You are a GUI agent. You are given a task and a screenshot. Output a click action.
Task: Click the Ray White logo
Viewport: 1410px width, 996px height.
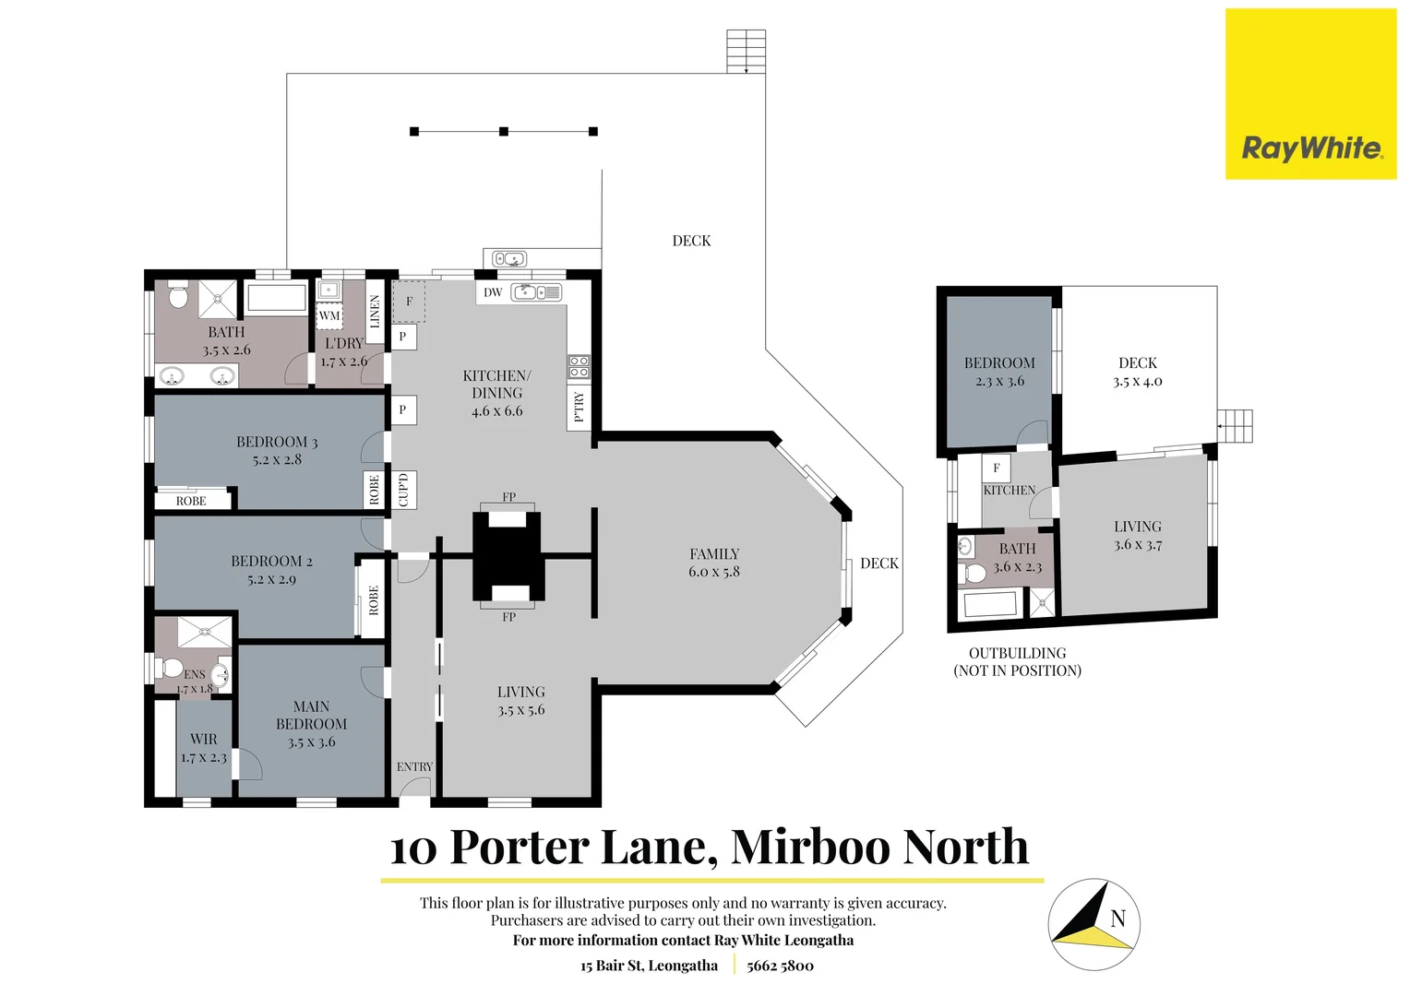(x=1310, y=94)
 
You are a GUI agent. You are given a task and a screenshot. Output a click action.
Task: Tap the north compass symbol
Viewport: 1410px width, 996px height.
(x=1093, y=923)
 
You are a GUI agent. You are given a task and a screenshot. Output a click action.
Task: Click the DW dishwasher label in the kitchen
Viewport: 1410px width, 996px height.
(x=493, y=292)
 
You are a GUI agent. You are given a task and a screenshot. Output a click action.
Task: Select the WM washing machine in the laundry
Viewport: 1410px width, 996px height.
(x=329, y=315)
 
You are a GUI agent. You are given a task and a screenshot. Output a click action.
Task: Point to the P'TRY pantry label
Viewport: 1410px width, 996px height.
(x=579, y=406)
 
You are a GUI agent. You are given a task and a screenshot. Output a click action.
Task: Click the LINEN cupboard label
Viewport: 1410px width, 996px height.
(x=375, y=312)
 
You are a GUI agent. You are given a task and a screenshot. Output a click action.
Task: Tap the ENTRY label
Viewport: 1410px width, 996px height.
(x=414, y=766)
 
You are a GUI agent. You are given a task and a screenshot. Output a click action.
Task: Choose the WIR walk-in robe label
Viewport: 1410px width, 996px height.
(x=204, y=740)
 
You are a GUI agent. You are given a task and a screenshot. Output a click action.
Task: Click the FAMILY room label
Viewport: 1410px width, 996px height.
(x=714, y=554)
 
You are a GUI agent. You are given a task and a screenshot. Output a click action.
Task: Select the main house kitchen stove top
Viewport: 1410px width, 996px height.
(x=579, y=366)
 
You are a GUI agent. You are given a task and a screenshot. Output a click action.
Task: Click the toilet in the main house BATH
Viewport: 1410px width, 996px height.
(x=179, y=296)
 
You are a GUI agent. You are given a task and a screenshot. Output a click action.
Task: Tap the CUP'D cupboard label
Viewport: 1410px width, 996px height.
(x=403, y=490)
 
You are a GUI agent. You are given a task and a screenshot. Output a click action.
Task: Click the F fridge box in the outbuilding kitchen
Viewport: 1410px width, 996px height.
(x=996, y=468)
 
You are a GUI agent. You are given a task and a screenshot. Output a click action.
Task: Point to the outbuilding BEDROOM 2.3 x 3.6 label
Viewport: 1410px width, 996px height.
(x=999, y=372)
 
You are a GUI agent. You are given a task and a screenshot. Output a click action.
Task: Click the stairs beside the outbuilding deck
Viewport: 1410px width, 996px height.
(x=1235, y=426)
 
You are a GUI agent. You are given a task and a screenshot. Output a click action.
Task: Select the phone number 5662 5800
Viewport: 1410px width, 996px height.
(x=780, y=966)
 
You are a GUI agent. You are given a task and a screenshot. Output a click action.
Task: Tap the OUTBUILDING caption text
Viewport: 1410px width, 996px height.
(x=1017, y=653)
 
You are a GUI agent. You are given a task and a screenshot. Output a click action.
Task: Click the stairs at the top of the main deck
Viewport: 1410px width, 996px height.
(x=746, y=51)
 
